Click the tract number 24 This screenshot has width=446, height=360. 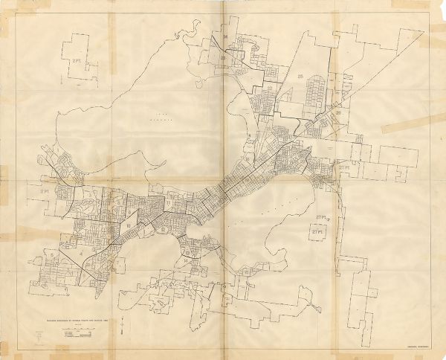pos(224,35)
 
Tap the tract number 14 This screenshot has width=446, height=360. pos(185,261)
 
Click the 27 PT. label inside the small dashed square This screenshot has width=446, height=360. pos(318,232)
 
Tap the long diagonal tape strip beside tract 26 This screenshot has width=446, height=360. pos(408,123)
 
